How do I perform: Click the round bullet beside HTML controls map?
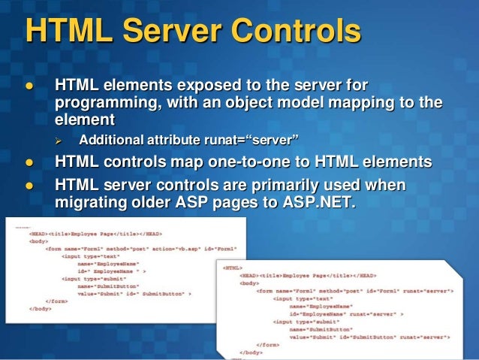coord(31,161)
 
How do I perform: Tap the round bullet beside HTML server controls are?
coord(31,184)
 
